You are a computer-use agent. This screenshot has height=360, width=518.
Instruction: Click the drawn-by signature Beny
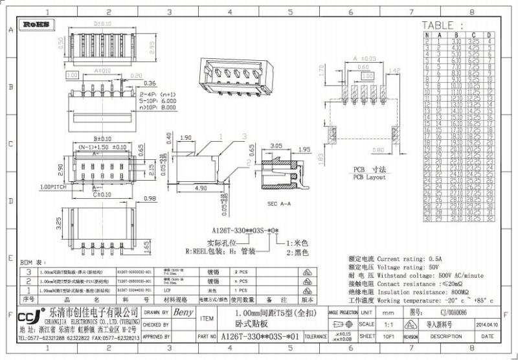point(184,312)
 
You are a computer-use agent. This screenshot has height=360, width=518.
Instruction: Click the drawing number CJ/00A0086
point(446,311)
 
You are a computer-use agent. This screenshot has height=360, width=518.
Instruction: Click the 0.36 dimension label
point(150,83)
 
